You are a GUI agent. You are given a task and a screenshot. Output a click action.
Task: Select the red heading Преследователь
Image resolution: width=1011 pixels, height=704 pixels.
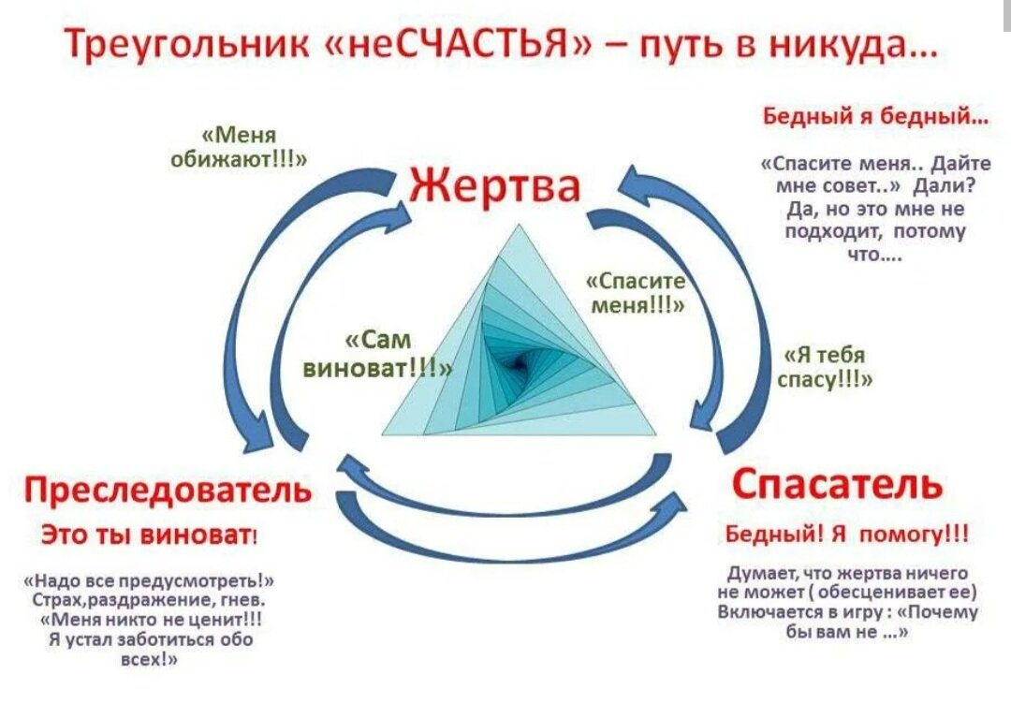click(x=168, y=490)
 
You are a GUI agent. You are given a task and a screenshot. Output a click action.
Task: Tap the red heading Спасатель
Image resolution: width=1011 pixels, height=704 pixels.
click(x=838, y=484)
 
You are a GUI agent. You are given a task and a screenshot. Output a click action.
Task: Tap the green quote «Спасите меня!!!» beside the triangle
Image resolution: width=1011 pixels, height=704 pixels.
click(x=637, y=293)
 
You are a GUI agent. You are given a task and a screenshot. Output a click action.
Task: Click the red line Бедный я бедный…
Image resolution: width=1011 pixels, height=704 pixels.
click(x=875, y=117)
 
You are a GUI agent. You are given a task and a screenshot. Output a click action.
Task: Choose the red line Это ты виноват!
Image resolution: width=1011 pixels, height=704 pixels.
click(x=150, y=535)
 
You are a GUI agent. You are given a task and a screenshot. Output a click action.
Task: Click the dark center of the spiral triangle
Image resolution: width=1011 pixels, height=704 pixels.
click(x=518, y=359)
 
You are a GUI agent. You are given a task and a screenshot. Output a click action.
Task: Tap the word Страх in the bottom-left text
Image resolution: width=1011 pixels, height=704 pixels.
click(x=76, y=599)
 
